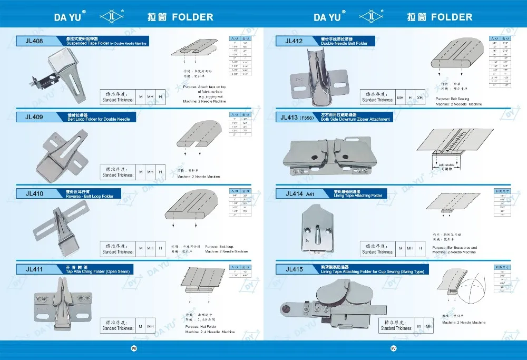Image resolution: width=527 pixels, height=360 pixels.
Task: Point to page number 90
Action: (x=134, y=348)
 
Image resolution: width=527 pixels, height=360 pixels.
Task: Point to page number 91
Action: (x=393, y=348)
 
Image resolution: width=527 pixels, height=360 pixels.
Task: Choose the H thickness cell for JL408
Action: (x=160, y=98)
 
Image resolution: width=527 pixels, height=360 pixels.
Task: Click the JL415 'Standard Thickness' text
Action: (x=396, y=328)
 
